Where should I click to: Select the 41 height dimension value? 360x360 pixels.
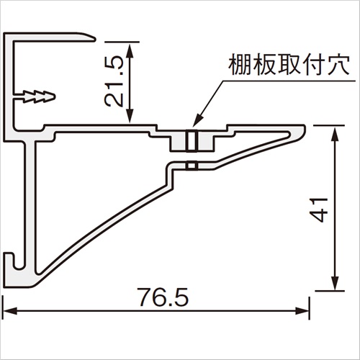(x=318, y=210)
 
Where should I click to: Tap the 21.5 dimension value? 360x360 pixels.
(x=114, y=82)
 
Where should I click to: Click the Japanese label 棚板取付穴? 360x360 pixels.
(x=289, y=65)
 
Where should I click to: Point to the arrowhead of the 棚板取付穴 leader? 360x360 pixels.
(x=195, y=122)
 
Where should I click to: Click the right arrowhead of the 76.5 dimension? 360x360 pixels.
(x=302, y=311)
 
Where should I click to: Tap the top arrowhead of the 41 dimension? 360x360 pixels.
(x=335, y=133)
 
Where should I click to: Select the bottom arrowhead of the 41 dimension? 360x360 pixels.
(x=335, y=283)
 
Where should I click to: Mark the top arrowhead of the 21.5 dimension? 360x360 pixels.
(x=130, y=50)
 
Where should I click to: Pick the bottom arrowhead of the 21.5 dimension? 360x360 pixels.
(x=130, y=116)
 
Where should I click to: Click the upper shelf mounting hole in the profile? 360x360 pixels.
(x=192, y=141)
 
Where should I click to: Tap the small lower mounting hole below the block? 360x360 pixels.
(x=192, y=166)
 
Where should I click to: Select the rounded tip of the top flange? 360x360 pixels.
(x=91, y=37)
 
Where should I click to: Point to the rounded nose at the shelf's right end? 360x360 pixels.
(x=301, y=132)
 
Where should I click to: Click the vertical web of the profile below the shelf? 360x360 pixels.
(x=30, y=207)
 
